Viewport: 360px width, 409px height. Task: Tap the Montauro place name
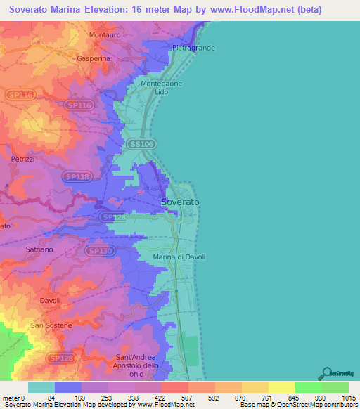point(106,34)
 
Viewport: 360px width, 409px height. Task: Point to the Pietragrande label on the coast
point(193,48)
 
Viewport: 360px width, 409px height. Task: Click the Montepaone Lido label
point(160,88)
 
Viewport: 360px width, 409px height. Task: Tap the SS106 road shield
point(142,143)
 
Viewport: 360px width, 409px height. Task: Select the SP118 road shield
point(75,176)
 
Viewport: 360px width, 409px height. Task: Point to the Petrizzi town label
point(22,160)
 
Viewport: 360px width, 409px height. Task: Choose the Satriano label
point(39,249)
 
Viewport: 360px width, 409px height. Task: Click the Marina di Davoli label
point(179,257)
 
